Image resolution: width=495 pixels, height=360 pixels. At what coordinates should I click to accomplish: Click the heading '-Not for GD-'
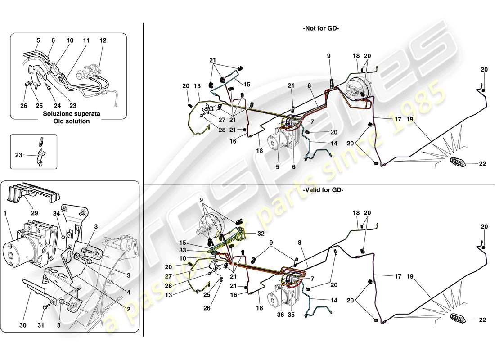pyautogui.click(x=321, y=28)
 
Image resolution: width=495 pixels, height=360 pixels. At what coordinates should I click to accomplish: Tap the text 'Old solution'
pyautogui.click(x=72, y=121)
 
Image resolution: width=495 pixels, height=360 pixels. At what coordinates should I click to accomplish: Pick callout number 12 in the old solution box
pyautogui.click(x=103, y=40)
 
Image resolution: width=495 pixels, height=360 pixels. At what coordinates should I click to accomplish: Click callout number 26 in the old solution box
pyautogui.click(x=24, y=106)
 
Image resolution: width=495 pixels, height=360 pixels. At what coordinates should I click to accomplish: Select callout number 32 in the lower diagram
pyautogui.click(x=261, y=234)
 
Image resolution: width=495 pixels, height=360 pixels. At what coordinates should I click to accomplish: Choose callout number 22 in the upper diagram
pyautogui.click(x=483, y=164)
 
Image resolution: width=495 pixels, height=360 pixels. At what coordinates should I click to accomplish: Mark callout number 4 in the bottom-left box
pyautogui.click(x=128, y=292)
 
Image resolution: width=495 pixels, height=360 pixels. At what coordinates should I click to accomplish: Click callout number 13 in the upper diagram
pyautogui.click(x=197, y=86)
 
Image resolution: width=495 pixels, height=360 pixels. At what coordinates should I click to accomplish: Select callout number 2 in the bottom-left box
pyautogui.click(x=128, y=310)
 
